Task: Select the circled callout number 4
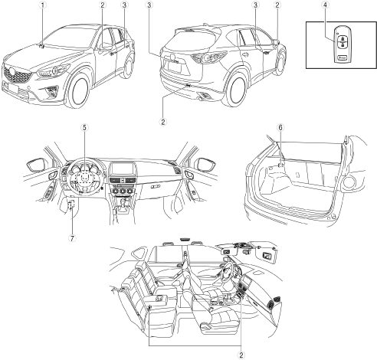pyautogui.click(x=325, y=5)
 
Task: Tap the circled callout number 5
pyautogui.click(x=85, y=127)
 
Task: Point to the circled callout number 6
pyautogui.click(x=280, y=127)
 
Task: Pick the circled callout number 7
pyautogui.click(x=72, y=238)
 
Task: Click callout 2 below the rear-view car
pyautogui.click(x=163, y=122)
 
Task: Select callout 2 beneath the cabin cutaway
pyautogui.click(x=241, y=355)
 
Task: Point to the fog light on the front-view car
pyautogui.click(x=51, y=90)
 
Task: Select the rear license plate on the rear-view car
pyautogui.click(x=175, y=67)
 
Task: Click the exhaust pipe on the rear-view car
pyautogui.click(x=202, y=98)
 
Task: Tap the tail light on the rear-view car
pyautogui.click(x=209, y=58)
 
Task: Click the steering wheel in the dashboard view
pyautogui.click(x=85, y=177)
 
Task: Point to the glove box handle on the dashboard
pyautogui.click(x=154, y=187)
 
